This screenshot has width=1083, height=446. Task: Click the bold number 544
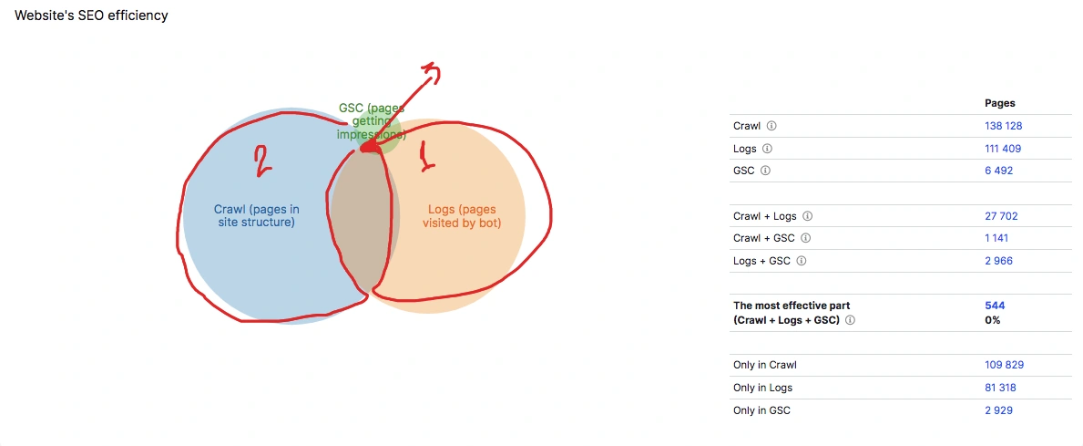point(995,306)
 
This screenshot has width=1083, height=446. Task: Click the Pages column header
point(1000,103)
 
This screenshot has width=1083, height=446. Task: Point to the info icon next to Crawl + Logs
point(807,216)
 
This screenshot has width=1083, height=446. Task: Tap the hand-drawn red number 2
point(261,162)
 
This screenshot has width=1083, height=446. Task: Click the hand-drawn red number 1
point(426,155)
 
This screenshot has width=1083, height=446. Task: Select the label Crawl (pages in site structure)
point(256,215)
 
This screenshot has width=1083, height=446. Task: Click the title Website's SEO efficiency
point(91,16)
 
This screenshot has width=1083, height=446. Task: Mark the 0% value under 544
point(993,320)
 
